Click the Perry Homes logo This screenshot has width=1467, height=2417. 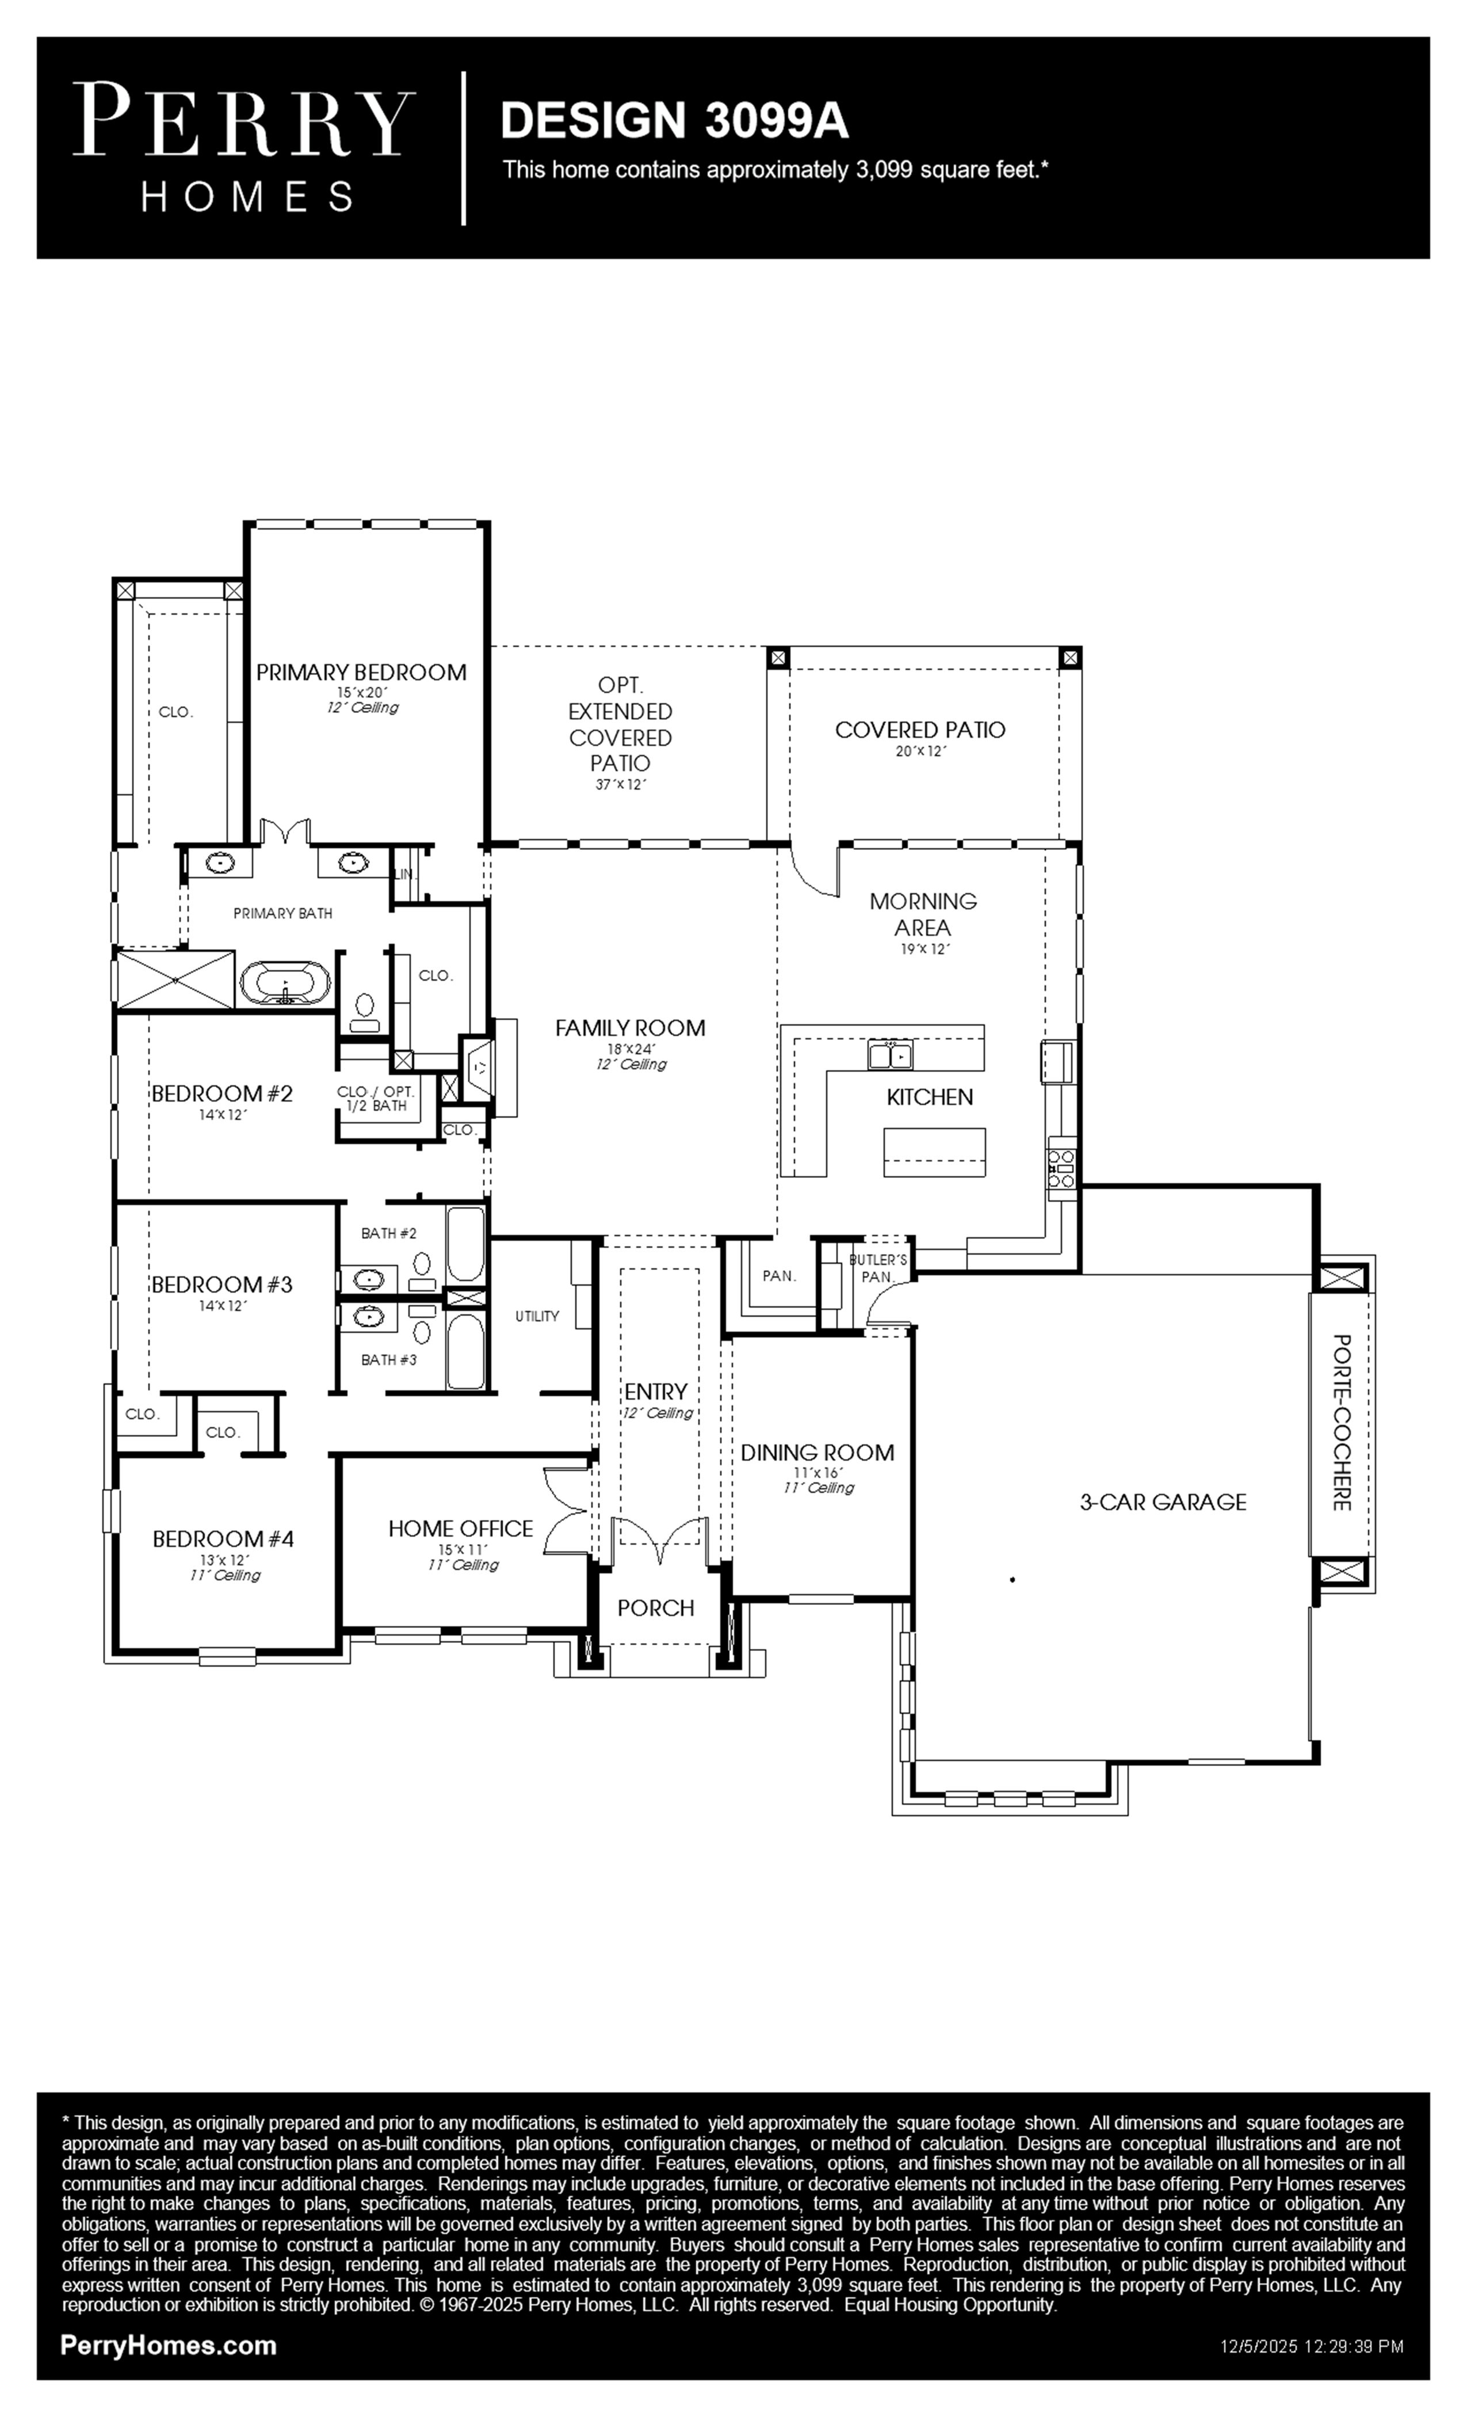click(244, 148)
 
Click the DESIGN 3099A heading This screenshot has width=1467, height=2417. click(675, 121)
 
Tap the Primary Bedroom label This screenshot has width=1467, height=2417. click(361, 672)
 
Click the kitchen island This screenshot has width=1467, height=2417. click(934, 1152)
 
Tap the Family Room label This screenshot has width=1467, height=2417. click(631, 1028)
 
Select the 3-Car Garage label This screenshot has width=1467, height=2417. click(1163, 1502)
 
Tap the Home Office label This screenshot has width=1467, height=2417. click(461, 1528)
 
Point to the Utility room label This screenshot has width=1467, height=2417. click(537, 1317)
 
